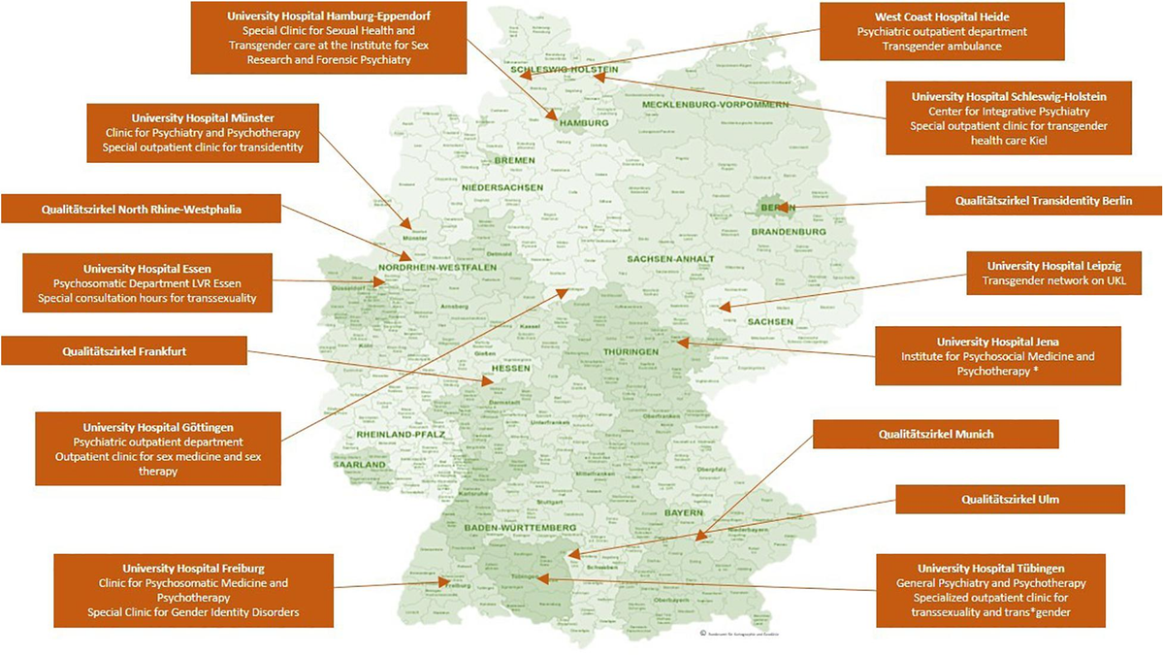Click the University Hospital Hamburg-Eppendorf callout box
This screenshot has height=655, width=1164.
[327, 38]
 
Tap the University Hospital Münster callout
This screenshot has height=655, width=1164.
[203, 127]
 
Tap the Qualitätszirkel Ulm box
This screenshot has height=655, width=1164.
[1009, 499]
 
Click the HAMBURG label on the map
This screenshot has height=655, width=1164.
[583, 124]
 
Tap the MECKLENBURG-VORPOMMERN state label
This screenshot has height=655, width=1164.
[709, 104]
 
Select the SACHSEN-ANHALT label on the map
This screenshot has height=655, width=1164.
[670, 259]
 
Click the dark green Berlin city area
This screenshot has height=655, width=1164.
[773, 207]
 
